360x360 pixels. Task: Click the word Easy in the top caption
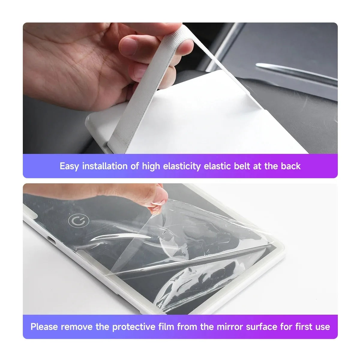(69, 166)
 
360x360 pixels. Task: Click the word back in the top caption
(290, 166)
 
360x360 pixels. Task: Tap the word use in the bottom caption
(322, 327)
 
